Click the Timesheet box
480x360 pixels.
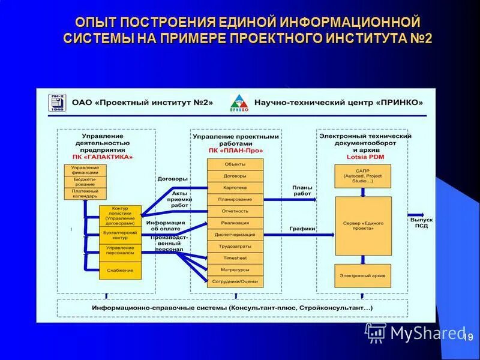click(x=235, y=258)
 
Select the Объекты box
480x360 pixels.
click(x=235, y=164)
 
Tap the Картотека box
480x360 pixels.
click(x=235, y=188)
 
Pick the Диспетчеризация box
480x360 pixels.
click(x=235, y=235)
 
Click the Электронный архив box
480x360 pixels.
click(x=362, y=275)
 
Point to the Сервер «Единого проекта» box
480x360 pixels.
click(x=362, y=225)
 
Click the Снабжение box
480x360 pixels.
click(x=121, y=270)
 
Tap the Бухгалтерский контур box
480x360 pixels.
click(x=121, y=235)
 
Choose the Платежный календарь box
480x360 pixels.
click(x=86, y=194)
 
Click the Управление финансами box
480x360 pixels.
click(x=86, y=170)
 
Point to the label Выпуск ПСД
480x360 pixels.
click(x=421, y=223)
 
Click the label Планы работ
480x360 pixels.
click(x=302, y=191)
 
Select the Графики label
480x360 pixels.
click(x=302, y=229)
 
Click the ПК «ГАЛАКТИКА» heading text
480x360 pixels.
click(x=106, y=157)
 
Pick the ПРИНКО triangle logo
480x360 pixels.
click(x=238, y=102)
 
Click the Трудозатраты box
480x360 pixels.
click(x=235, y=246)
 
